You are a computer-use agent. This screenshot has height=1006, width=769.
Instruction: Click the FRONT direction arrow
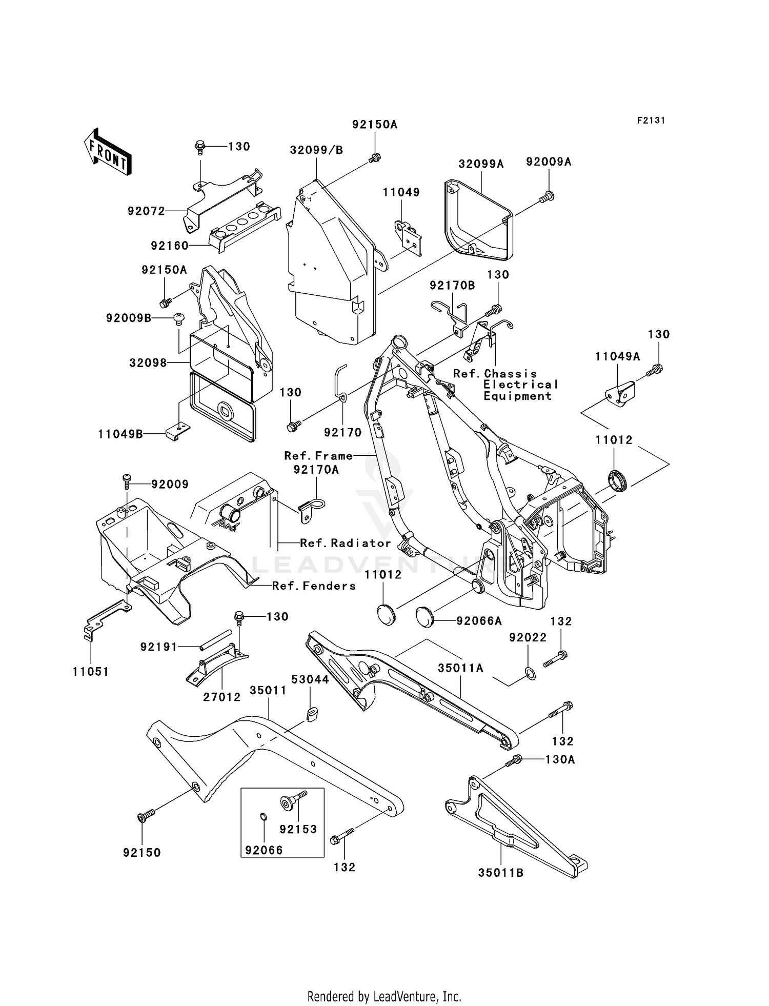[x=108, y=153]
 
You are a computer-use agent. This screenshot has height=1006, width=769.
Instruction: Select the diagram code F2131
[x=651, y=120]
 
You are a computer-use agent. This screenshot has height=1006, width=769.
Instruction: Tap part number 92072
[x=146, y=211]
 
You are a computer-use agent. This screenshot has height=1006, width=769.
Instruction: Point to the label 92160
[x=170, y=246]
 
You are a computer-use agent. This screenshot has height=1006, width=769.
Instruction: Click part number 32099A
[x=481, y=164]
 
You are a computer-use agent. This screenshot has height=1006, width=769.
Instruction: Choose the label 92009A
[x=549, y=162]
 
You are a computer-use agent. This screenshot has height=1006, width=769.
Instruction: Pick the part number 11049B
[x=120, y=435]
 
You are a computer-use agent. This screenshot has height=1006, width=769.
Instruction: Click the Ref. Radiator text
[x=345, y=543]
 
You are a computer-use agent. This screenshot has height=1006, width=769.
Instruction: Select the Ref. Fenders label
[x=314, y=586]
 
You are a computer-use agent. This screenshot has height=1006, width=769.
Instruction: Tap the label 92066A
[x=479, y=621]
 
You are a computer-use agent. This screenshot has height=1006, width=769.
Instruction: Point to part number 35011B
[x=501, y=873]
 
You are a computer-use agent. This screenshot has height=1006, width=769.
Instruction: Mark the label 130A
[x=560, y=759]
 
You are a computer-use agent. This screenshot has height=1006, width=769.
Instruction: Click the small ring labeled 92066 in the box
[x=262, y=817]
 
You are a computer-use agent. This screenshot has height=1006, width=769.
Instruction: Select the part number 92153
[x=298, y=829]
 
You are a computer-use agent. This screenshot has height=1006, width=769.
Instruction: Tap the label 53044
[x=310, y=679]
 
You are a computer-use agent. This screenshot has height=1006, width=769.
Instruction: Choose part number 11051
[x=91, y=672]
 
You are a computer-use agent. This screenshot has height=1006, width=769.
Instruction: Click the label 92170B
[x=452, y=286]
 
